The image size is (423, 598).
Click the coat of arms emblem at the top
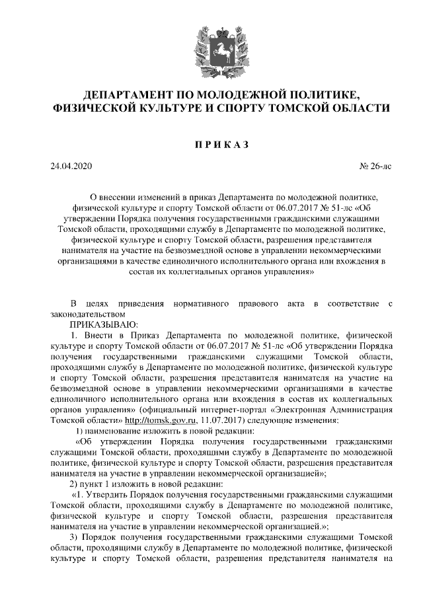coord(211,49)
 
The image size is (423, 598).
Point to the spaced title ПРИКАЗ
coord(211,144)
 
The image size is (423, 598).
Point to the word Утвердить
coord(109,495)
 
